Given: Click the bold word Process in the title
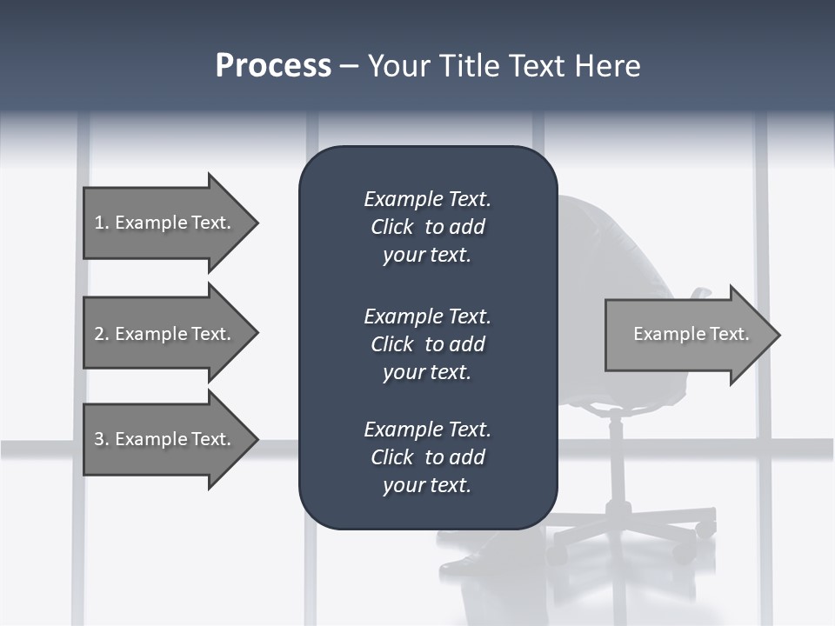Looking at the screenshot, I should (x=273, y=66).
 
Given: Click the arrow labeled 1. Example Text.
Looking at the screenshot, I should (x=165, y=223).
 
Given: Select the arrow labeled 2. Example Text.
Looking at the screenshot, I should (x=165, y=334).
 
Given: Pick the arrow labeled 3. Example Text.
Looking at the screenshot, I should (x=165, y=439).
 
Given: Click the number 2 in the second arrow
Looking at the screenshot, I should (x=100, y=334).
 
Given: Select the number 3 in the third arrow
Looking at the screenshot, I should (x=100, y=439).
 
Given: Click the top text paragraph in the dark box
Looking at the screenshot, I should (x=427, y=227).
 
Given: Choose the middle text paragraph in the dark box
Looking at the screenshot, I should (x=427, y=344).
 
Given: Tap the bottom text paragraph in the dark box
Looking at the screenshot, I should (x=427, y=457).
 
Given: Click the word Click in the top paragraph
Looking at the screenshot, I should (x=392, y=227).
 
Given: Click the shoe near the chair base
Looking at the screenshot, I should (x=465, y=565).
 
